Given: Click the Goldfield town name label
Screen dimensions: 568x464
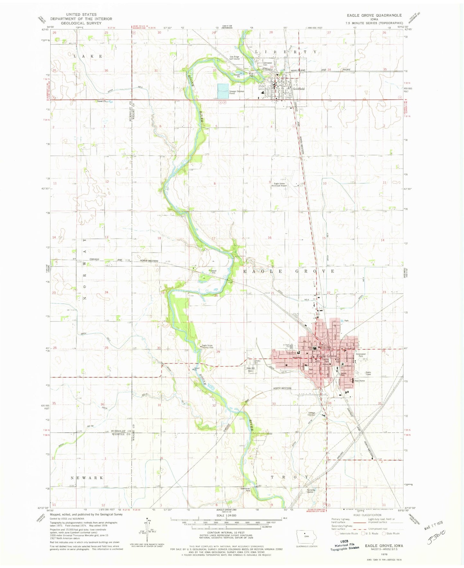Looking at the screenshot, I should click(x=298, y=88).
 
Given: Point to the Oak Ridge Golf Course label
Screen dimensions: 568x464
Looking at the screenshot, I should click(x=234, y=58).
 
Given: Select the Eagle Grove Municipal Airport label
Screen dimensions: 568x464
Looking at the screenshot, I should click(x=279, y=185).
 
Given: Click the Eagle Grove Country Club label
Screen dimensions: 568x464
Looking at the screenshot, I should click(x=207, y=347).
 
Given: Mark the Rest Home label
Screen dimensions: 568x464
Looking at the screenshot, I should click(x=359, y=381).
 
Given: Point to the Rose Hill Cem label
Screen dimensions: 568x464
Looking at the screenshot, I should click(x=250, y=369).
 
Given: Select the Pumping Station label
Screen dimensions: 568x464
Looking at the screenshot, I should click(x=311, y=491).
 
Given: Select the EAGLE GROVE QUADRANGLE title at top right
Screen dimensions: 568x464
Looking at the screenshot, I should click(x=374, y=15).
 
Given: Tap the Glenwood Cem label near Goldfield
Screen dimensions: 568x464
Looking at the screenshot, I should click(x=267, y=64).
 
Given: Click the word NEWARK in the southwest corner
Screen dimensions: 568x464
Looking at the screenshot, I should click(x=87, y=478).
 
